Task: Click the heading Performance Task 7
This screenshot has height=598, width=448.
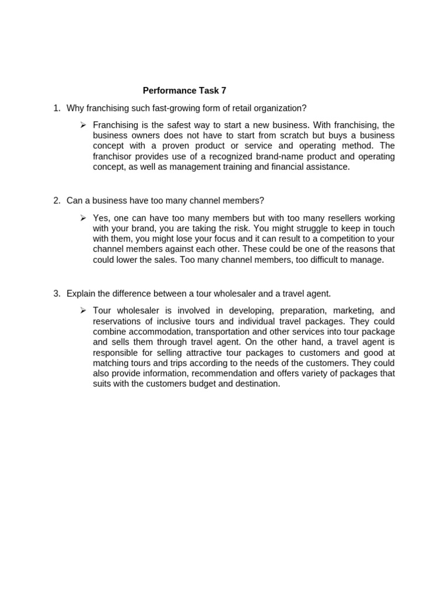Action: point(184,91)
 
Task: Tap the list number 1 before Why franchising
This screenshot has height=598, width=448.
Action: point(56,108)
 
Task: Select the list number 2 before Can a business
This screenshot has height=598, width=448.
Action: point(56,201)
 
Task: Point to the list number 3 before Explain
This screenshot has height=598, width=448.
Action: point(56,294)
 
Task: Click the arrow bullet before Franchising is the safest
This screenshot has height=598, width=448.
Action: point(83,125)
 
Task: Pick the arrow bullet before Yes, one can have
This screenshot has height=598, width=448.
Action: point(83,218)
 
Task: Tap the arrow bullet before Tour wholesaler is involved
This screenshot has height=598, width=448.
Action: point(83,311)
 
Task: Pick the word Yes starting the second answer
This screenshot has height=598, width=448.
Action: point(100,218)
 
